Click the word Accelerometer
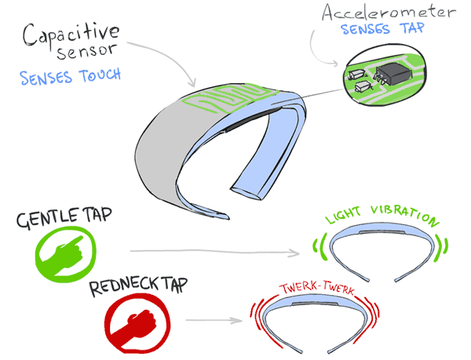(x=389, y=12)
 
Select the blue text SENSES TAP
(x=382, y=29)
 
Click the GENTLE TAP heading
(x=64, y=216)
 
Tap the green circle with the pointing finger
(x=65, y=254)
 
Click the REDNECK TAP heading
(x=138, y=286)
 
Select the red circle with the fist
(x=137, y=323)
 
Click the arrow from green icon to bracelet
(x=215, y=252)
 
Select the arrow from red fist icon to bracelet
(x=214, y=321)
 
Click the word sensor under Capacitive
(x=86, y=53)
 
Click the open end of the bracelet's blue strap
(x=246, y=194)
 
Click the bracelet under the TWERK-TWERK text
(x=315, y=304)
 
